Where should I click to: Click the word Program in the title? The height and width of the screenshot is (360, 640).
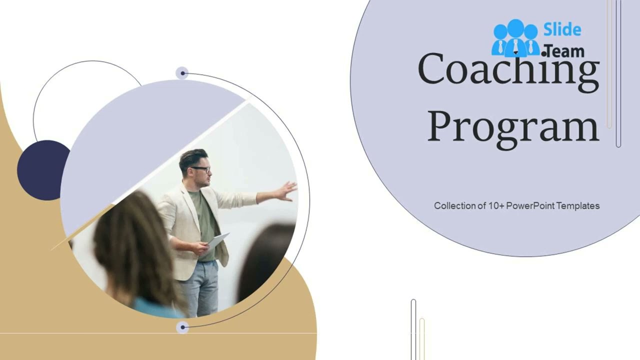[x=513, y=127]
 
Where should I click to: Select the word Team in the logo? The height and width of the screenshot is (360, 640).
[x=565, y=51]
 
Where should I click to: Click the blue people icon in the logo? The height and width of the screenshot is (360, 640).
[x=515, y=38]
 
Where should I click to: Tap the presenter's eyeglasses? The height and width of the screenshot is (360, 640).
[x=201, y=169]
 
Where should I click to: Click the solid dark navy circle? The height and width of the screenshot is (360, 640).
[x=43, y=170]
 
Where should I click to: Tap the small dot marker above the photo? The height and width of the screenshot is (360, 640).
[x=182, y=73]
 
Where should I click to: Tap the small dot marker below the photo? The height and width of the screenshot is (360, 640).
[x=182, y=327]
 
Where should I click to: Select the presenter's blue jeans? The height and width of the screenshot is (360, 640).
[x=200, y=287]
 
